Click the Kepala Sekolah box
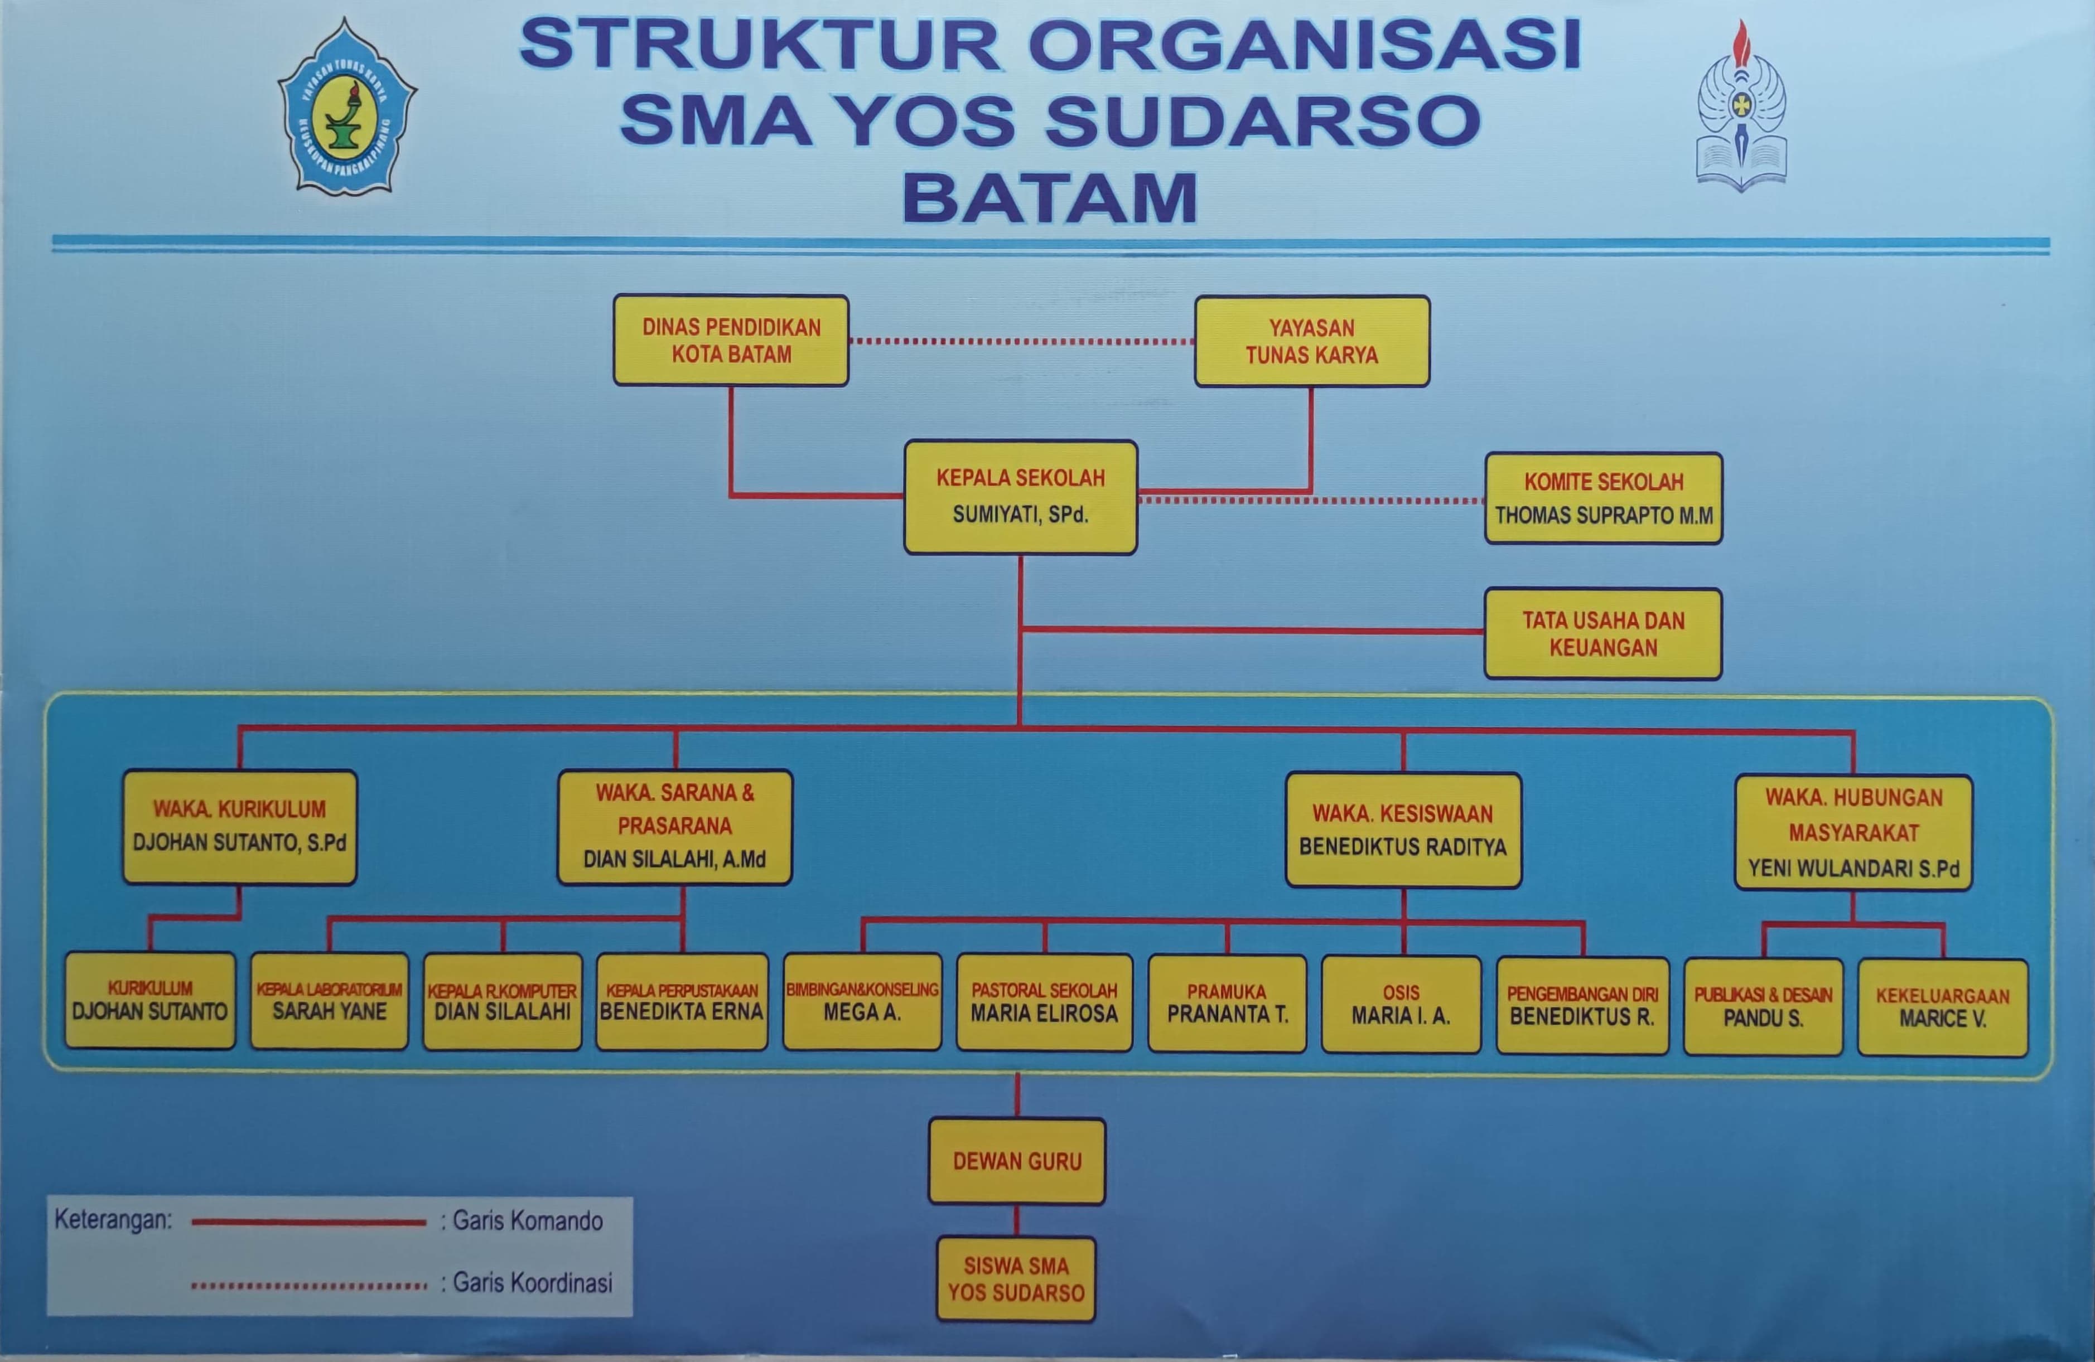pyautogui.click(x=1020, y=497)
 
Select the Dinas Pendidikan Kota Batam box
pyautogui.click(x=731, y=341)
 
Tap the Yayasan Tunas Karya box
pyautogui.click(x=1311, y=341)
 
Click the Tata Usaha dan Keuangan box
pyautogui.click(x=1603, y=633)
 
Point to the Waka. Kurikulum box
pyautogui.click(x=239, y=827)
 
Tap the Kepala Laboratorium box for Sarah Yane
pyautogui.click(x=329, y=1001)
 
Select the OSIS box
pyautogui.click(x=1401, y=1005)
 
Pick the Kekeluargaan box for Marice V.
pyautogui.click(x=1943, y=1007)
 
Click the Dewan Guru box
pyautogui.click(x=1017, y=1161)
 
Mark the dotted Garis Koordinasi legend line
pyautogui.click(x=308, y=1286)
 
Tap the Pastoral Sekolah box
pyautogui.click(x=1044, y=1003)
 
